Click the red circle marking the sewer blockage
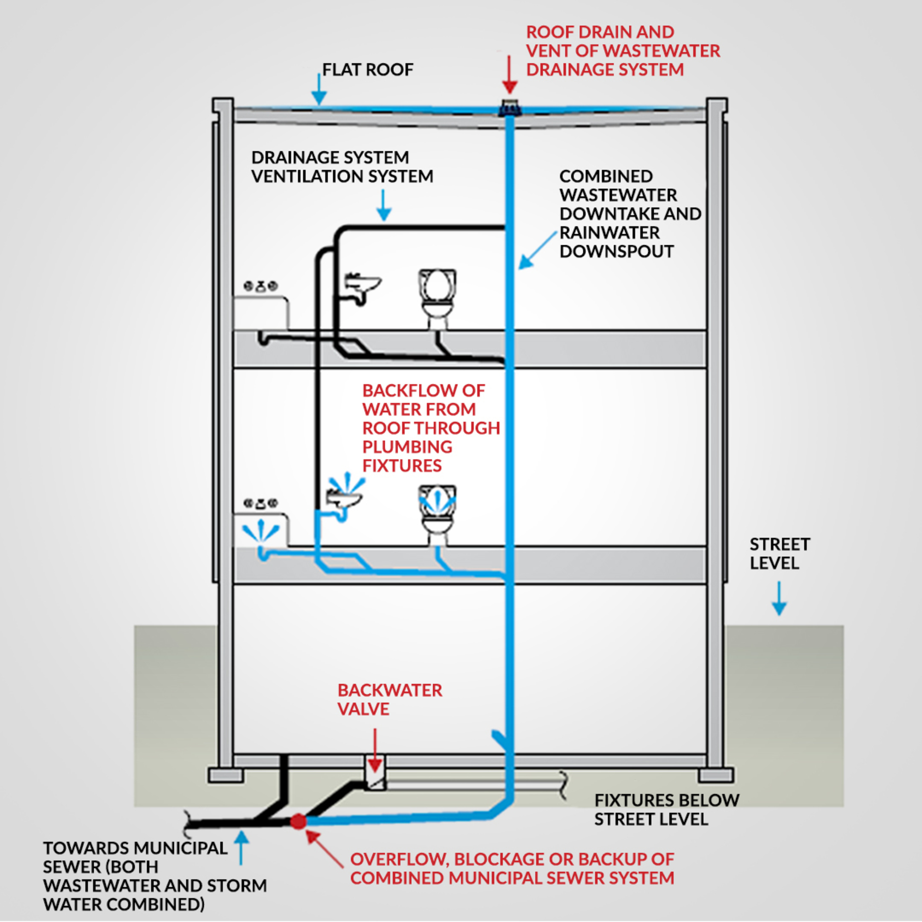click(298, 821)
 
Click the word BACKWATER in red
click(390, 691)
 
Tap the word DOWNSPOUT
click(616, 252)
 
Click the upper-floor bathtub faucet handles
click(260, 286)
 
